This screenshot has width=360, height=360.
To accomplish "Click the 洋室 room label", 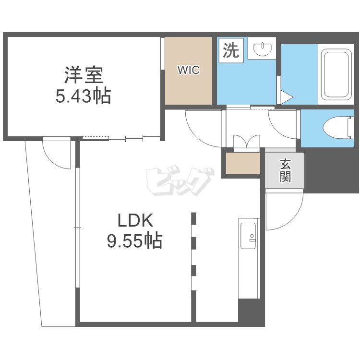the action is tap(84, 75).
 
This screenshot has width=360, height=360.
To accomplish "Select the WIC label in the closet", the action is tap(189, 70).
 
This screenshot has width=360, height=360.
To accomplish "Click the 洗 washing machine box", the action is tap(231, 50).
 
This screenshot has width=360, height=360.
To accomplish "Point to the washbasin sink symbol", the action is tap(262, 49).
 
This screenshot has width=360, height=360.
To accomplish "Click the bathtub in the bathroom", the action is tap(336, 74).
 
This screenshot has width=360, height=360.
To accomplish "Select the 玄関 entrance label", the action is tap(285, 170).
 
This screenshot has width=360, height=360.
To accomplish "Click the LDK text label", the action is tap(135, 220).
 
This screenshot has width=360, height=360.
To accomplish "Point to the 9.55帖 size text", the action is tap(135, 240).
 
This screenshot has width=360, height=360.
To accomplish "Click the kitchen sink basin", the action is tap(248, 236).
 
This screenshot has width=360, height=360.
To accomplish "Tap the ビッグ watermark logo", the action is tap(180, 180).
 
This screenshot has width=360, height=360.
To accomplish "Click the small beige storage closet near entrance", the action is tap(243, 163).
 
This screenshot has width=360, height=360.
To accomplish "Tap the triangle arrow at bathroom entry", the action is tap(287, 97).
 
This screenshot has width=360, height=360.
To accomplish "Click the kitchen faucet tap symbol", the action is tap(252, 238).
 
